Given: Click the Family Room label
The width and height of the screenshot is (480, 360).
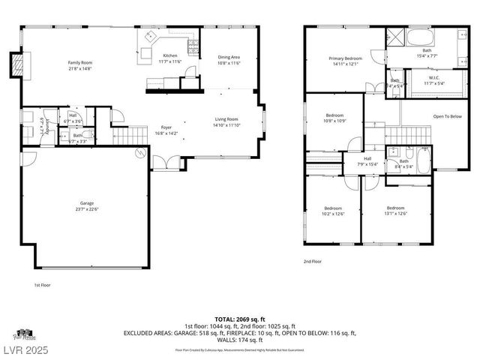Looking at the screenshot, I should point(80,62).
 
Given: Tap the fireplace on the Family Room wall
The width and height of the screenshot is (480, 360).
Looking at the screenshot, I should point(14,65).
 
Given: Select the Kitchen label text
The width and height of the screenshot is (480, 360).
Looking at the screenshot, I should point(170,56).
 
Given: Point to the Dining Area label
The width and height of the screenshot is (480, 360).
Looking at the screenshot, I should point(229,57).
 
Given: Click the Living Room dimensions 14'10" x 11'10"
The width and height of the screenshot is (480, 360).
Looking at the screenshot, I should point(226,125).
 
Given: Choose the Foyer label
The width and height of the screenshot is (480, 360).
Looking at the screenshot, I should point(166,127).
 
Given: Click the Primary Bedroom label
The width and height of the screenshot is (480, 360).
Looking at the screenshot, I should point(346,58).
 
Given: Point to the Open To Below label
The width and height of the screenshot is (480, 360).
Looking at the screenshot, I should point(448,116).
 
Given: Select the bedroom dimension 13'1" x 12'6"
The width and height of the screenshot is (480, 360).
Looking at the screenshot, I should point(396,214).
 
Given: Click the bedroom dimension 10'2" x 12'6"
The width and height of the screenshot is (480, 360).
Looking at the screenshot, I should point(332,214).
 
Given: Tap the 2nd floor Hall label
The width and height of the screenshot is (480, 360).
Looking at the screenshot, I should point(367,158).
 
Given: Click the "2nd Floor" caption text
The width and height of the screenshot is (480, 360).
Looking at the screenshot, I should point(313,261).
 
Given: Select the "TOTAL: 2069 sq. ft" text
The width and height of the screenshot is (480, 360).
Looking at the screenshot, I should point(240,319).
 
